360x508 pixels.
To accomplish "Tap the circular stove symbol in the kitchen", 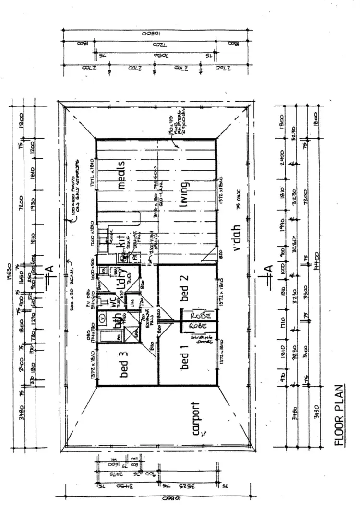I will [x=123, y=258].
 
